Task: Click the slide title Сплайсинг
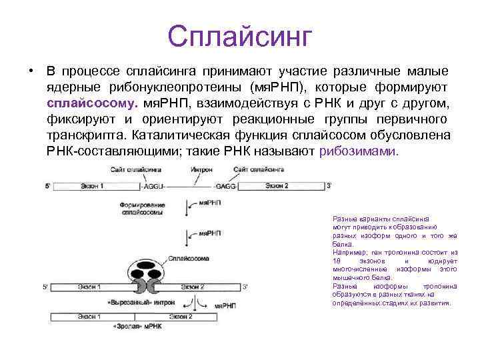coord(239,35)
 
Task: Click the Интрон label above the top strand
coord(201,171)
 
